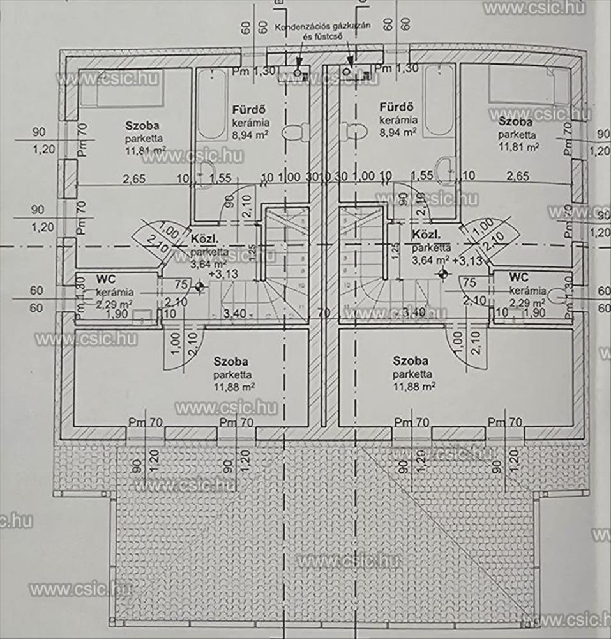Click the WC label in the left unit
coord(105,279)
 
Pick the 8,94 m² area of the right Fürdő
coord(398,132)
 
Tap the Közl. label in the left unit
coord(204,240)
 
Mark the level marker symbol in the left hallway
coord(200,287)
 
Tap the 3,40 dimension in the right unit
coord(416,312)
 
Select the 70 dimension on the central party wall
coord(324,313)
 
